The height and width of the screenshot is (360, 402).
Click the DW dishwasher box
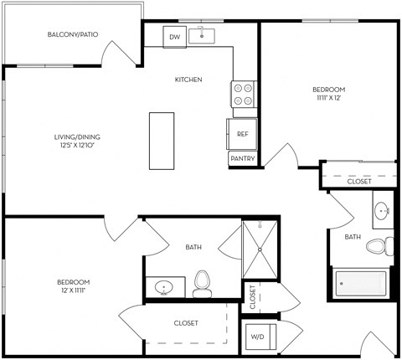coord(175,38)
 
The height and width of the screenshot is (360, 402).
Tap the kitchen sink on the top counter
coord(202,36)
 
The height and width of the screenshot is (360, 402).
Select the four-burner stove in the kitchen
coord(243,94)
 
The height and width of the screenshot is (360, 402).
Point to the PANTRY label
coord(242,158)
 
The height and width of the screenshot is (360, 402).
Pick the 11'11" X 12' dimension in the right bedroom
coord(328,97)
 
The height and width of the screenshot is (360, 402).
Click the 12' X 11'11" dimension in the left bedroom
coord(73,291)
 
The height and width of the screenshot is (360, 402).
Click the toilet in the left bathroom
coord(202,284)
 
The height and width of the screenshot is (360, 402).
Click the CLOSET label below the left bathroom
coord(186,322)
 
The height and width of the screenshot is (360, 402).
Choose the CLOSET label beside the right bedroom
coord(359,180)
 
